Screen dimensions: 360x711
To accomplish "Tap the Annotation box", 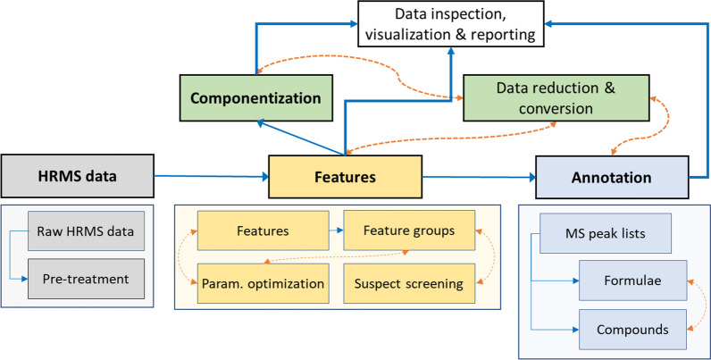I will pyautogui.click(x=612, y=177).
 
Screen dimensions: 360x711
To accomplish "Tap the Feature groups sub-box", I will pyautogui.click(x=409, y=231).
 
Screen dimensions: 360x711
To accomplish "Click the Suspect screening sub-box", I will pyautogui.click(x=409, y=284).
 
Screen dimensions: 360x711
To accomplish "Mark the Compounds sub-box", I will pyautogui.click(x=632, y=329).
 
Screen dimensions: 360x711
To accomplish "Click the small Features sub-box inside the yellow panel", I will pyautogui.click(x=256, y=231).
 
